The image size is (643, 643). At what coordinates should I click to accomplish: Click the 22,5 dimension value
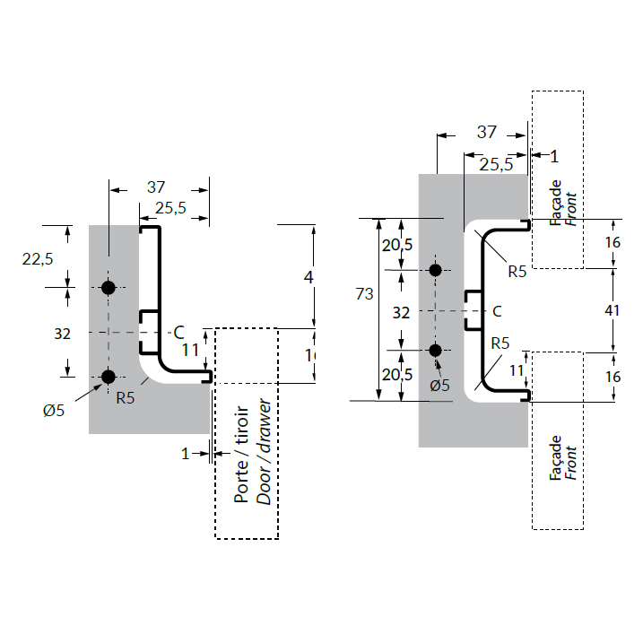[x=38, y=258]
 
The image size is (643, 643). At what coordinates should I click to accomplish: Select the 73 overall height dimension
[x=364, y=294]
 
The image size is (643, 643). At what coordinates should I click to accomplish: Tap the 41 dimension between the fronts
[x=613, y=310]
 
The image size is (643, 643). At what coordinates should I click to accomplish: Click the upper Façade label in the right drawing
[x=556, y=204]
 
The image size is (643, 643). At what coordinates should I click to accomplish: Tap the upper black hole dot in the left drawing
[x=109, y=287]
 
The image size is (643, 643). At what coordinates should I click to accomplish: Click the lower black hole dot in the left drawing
[x=109, y=377]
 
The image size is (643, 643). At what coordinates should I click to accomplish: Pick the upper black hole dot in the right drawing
[x=436, y=270]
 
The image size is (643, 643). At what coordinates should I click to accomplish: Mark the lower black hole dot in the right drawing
[x=436, y=350]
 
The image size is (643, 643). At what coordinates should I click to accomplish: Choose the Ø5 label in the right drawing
[x=439, y=386]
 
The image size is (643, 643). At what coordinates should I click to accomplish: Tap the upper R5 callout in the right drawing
[x=517, y=271]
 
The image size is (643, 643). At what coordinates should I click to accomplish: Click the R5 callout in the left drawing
[x=126, y=398]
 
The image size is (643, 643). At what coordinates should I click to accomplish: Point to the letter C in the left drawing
[x=178, y=331]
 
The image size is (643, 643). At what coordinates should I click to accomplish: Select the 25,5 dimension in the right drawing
[x=496, y=165]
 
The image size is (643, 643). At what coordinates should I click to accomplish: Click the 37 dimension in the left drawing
[x=156, y=187]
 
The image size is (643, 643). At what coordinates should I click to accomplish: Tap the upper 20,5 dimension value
[x=395, y=245]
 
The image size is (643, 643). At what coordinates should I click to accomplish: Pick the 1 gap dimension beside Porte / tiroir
[x=186, y=454]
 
